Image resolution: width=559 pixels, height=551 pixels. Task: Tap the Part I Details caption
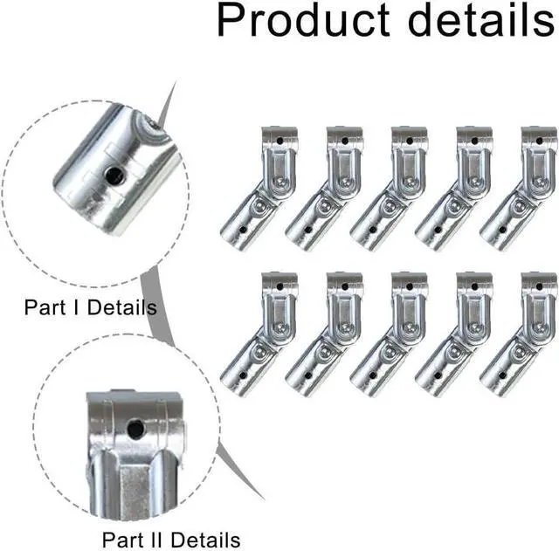[91, 307]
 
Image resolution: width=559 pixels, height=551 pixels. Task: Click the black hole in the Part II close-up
[135, 429]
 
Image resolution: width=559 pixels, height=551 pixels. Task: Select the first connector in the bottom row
[259, 334]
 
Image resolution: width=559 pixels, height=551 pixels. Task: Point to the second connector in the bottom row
[324, 334]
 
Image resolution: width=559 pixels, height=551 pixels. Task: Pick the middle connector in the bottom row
[389, 334]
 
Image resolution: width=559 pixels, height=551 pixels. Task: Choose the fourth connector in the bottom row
[453, 334]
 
